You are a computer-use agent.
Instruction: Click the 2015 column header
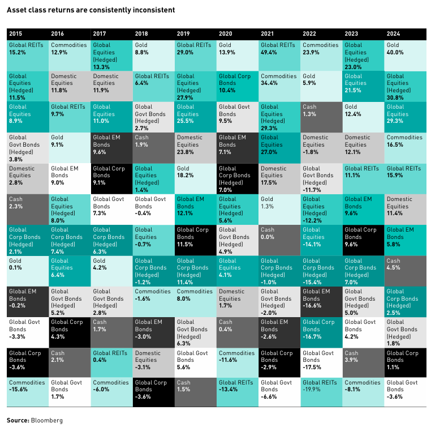(x=17, y=33)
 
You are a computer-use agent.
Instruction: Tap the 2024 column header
(x=394, y=33)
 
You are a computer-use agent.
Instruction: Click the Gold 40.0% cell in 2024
(x=405, y=55)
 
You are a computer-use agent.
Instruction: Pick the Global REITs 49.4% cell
(x=279, y=55)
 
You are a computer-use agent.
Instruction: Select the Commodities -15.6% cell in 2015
(x=28, y=391)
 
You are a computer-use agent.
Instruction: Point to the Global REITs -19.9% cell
(x=321, y=391)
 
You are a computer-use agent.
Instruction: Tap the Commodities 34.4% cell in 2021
(x=279, y=86)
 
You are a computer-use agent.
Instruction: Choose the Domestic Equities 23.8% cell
(x=195, y=147)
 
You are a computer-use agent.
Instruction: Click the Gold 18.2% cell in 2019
(x=195, y=177)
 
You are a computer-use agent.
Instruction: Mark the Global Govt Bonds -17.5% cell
(x=321, y=360)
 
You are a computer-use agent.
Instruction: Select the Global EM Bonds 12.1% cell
(x=195, y=208)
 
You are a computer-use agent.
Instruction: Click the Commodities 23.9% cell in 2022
(x=321, y=55)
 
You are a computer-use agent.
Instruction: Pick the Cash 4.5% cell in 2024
(x=405, y=269)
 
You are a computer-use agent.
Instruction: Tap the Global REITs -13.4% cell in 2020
(x=238, y=391)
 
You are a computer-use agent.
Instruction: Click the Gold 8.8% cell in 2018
(x=153, y=55)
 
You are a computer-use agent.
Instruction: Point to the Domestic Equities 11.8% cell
(x=70, y=86)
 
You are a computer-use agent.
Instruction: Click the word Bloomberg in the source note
(x=48, y=421)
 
